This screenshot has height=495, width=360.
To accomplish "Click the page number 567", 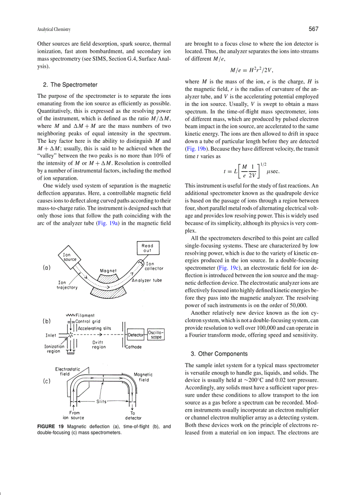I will [313, 29].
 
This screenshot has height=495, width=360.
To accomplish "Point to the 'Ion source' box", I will [69, 257].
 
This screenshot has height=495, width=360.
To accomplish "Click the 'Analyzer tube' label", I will [146, 280].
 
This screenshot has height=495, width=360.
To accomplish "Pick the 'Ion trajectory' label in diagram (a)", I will [67, 285].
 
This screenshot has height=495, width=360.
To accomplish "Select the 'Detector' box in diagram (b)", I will [136, 335].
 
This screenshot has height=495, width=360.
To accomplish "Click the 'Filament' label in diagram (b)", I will [84, 315].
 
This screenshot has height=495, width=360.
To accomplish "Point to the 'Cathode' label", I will [133, 347].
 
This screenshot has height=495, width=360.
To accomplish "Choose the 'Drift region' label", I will [99, 345].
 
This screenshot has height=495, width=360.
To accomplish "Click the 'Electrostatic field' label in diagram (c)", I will [65, 371].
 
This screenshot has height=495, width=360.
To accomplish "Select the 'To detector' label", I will [133, 415].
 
